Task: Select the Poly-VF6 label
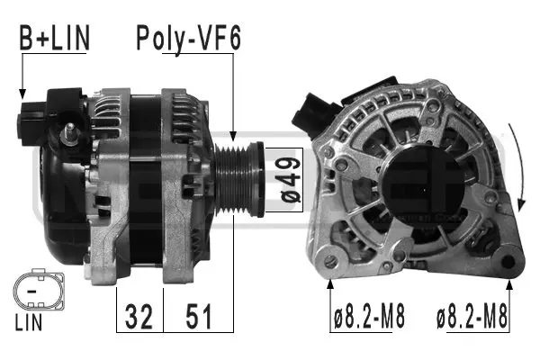(x=190, y=39)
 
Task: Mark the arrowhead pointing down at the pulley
(x=233, y=133)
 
